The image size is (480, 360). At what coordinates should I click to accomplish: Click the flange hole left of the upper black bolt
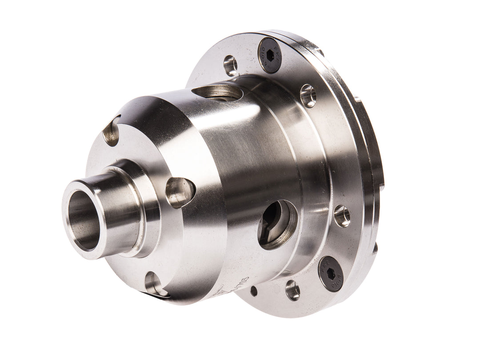(x=230, y=65)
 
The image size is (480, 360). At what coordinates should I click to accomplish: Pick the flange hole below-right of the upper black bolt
(x=308, y=96)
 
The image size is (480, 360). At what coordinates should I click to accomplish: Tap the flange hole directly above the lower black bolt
(x=342, y=216)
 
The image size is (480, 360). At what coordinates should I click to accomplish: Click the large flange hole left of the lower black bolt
(x=292, y=290)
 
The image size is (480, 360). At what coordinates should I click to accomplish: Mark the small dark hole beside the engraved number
(x=253, y=291)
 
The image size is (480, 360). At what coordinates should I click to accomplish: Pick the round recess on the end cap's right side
(x=180, y=192)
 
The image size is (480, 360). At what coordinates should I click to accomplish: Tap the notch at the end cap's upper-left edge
(x=111, y=132)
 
